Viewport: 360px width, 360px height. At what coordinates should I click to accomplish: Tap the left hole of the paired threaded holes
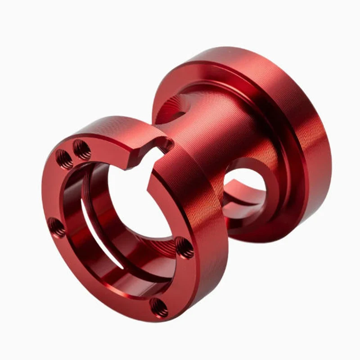point(64,158)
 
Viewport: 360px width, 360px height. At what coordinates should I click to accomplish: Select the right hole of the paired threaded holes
point(82,149)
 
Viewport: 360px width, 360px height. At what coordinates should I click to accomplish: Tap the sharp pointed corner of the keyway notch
point(148,184)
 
